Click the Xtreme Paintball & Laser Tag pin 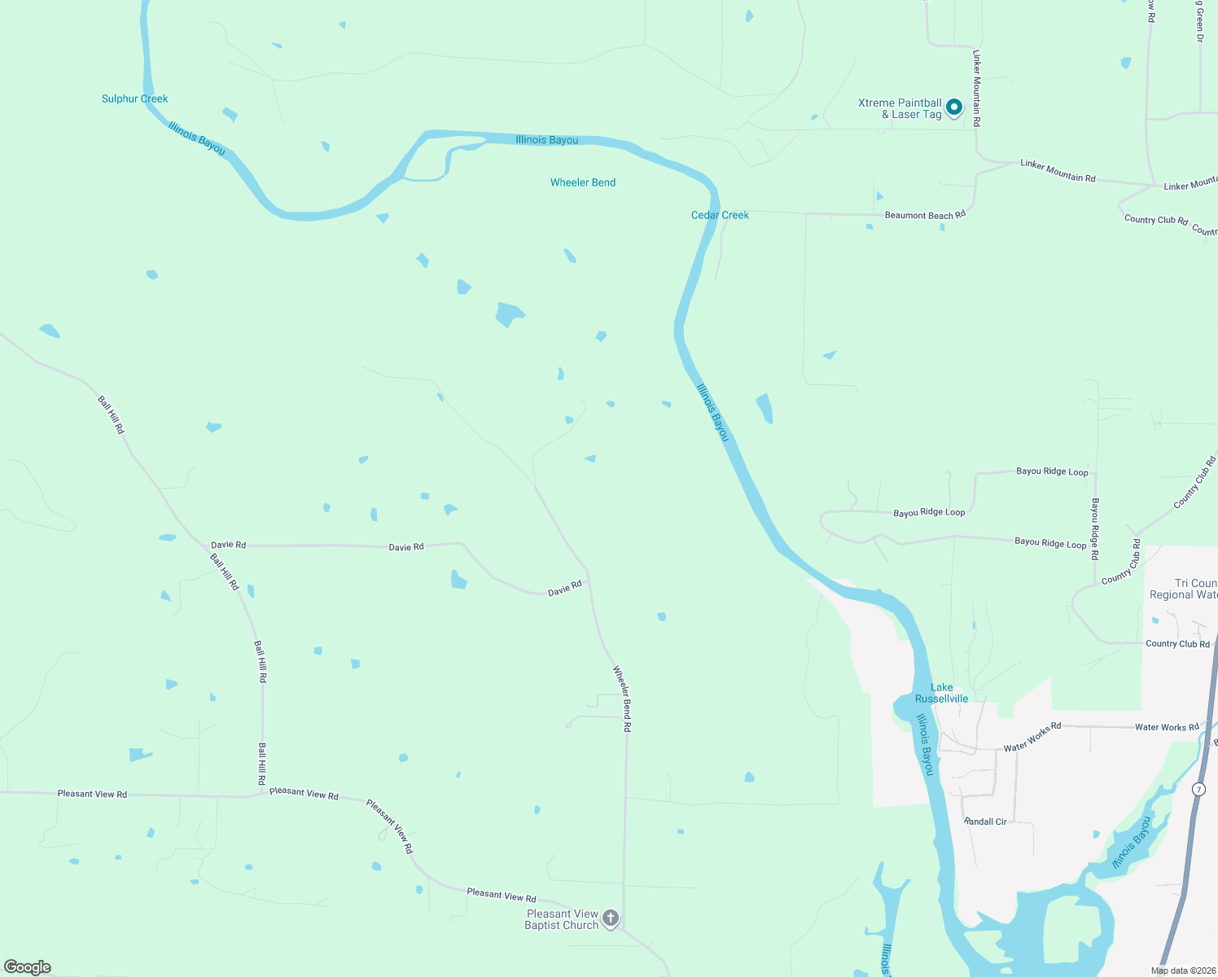[x=953, y=107]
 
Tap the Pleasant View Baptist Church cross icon [x=611, y=918]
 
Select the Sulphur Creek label [x=134, y=99]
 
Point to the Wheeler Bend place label [x=583, y=182]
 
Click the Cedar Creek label [x=720, y=215]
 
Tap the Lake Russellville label [x=941, y=693]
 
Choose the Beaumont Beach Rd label [x=925, y=215]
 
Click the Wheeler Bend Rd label [x=622, y=699]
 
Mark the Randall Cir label [x=985, y=821]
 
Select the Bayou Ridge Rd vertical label [x=1095, y=529]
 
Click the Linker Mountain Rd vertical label [x=977, y=88]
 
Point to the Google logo [x=28, y=967]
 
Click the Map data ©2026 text [x=1183, y=970]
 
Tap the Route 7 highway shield [x=1198, y=790]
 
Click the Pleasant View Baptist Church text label [x=562, y=919]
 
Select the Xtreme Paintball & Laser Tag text [x=900, y=108]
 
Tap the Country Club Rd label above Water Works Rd [x=1177, y=644]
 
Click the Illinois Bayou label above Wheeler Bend [x=547, y=140]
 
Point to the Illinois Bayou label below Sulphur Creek [x=196, y=138]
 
